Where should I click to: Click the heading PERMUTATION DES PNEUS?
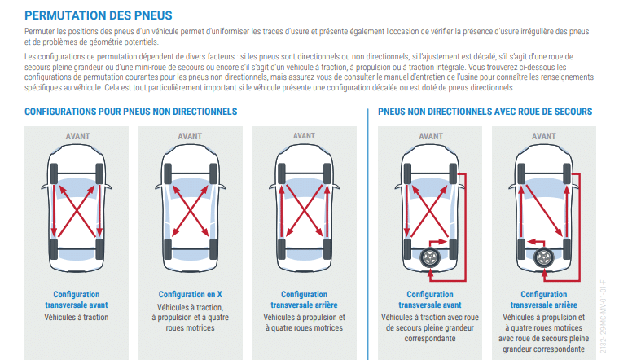point(99,15)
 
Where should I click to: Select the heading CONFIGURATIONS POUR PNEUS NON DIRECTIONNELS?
point(130,112)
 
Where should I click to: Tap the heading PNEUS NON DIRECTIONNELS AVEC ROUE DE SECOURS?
point(485,112)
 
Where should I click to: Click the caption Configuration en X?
point(191,295)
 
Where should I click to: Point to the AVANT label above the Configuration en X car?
point(190,136)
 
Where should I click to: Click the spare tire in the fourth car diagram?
point(430,257)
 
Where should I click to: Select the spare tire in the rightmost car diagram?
point(544,257)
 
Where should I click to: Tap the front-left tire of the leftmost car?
point(54,173)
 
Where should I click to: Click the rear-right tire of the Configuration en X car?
point(213,248)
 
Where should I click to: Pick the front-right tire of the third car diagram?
point(327,173)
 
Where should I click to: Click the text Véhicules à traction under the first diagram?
point(77,317)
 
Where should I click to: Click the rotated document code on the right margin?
point(603,317)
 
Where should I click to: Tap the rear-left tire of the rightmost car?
point(521,248)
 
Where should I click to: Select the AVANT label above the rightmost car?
point(543,136)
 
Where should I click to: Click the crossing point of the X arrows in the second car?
point(191,211)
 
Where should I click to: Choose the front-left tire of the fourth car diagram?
point(408,173)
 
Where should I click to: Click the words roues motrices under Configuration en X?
point(191,327)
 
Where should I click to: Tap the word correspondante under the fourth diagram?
point(430,338)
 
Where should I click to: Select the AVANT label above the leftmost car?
point(77,136)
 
